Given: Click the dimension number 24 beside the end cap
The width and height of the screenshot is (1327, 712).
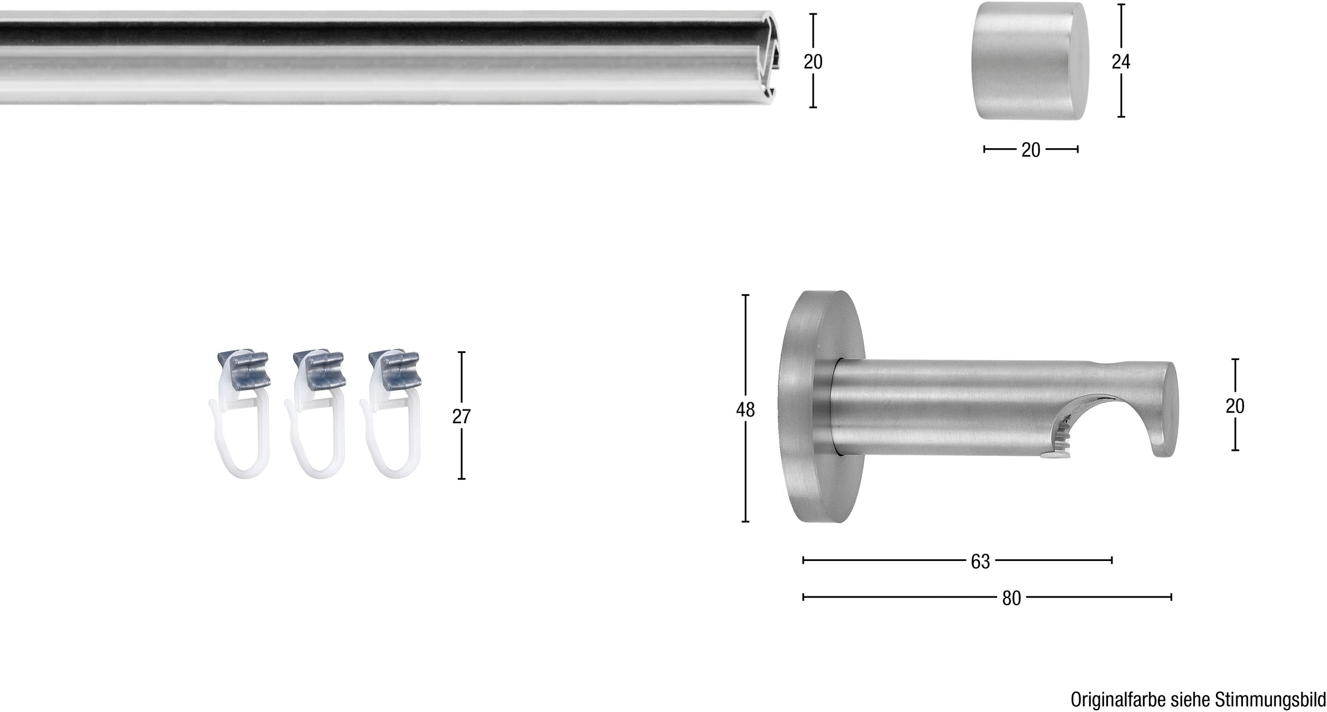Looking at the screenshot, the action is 1121,62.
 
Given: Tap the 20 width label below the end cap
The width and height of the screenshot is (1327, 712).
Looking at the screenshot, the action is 1031,150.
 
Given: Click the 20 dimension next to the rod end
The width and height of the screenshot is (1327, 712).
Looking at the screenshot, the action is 813,61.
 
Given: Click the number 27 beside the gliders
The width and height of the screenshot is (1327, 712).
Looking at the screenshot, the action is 461,417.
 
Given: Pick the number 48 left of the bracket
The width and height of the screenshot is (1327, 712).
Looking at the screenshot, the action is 745,410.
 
